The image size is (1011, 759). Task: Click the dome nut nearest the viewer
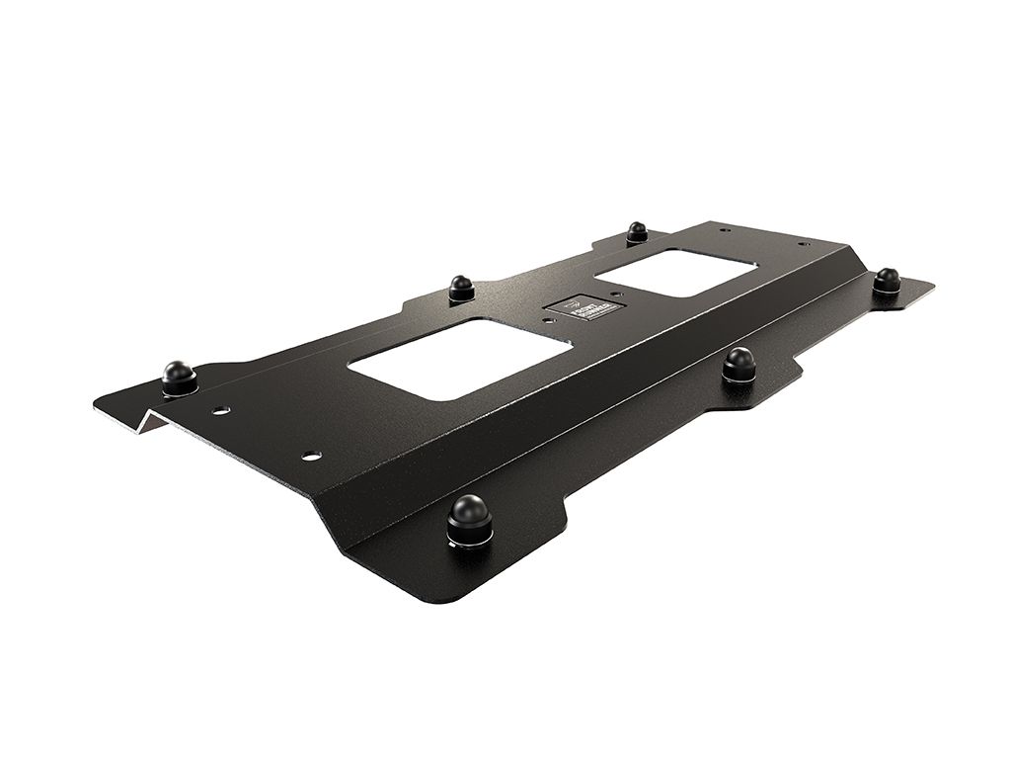point(469,516)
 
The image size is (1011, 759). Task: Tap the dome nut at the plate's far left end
point(179,376)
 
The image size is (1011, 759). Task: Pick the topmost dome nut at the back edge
point(637,232)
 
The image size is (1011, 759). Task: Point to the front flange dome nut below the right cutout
point(739,363)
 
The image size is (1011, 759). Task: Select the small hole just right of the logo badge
point(615,294)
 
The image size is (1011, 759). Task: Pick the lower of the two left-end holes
point(311,456)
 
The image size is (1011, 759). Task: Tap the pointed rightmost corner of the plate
point(932,288)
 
